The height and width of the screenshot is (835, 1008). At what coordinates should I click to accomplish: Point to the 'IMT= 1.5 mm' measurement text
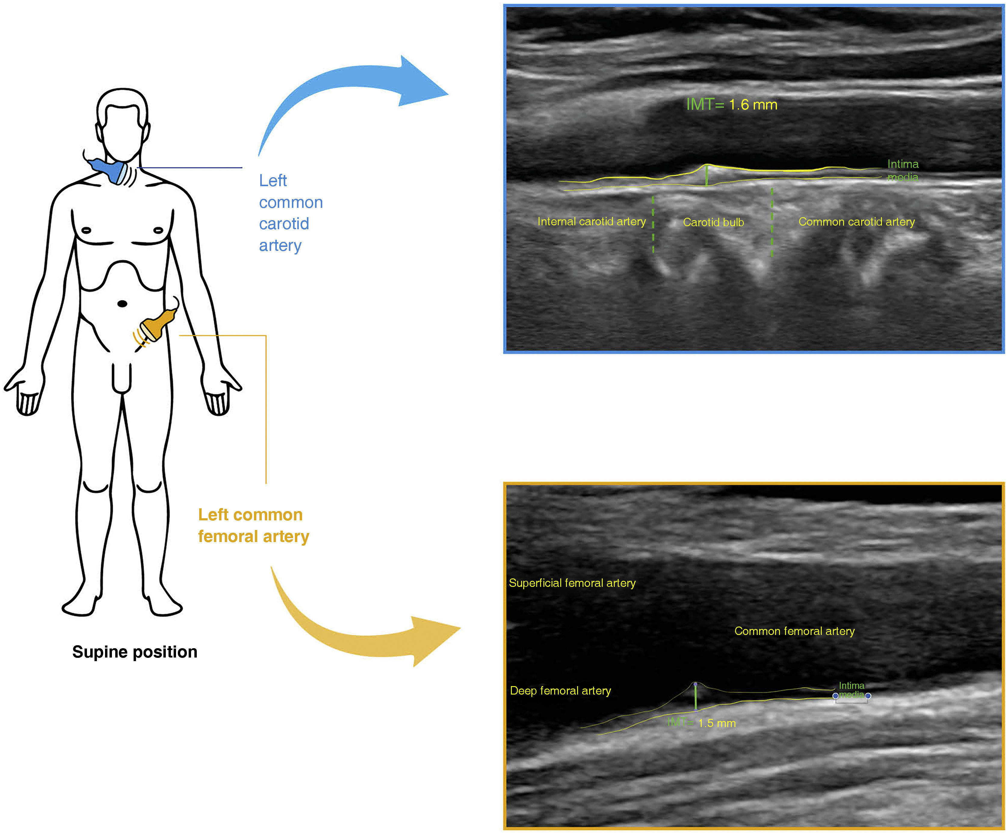click(702, 723)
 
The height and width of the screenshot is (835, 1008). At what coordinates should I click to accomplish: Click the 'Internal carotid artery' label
click(591, 222)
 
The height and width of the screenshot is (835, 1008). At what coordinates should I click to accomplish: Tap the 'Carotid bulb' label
click(713, 222)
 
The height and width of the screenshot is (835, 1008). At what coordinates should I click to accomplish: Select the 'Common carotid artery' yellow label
click(856, 222)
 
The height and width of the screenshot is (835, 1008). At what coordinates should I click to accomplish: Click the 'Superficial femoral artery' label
click(572, 583)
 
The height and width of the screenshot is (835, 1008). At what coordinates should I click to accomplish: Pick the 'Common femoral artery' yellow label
click(794, 631)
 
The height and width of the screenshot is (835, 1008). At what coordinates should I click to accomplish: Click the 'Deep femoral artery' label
click(560, 691)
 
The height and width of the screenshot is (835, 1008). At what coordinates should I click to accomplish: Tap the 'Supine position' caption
click(135, 652)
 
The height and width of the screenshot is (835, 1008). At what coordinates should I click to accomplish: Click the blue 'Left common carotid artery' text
click(290, 213)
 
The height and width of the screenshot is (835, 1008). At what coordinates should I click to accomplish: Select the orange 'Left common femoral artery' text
click(253, 525)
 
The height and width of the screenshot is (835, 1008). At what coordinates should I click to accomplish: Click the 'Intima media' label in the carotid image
click(902, 170)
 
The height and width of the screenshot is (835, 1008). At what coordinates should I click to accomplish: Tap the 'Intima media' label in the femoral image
click(852, 690)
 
